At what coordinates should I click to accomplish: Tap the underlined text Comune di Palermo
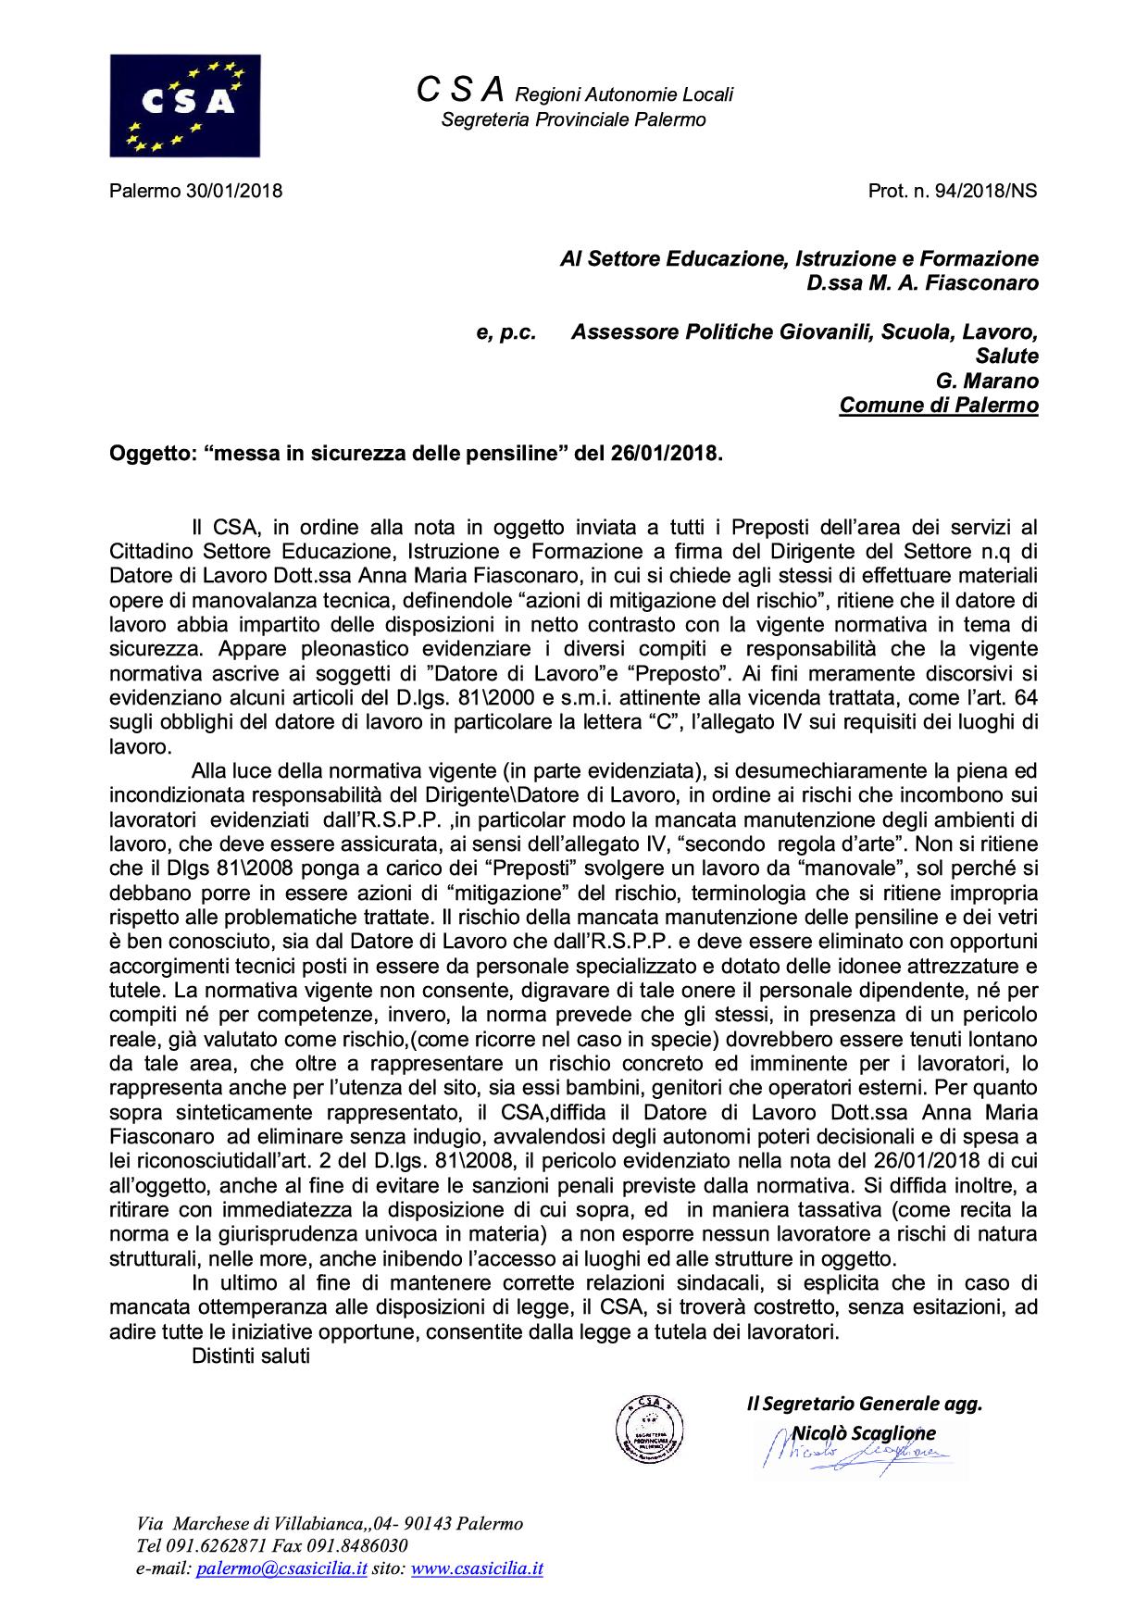[x=939, y=406]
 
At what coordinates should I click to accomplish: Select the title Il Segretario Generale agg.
[x=864, y=1404]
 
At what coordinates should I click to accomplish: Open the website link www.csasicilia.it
[x=477, y=1568]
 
